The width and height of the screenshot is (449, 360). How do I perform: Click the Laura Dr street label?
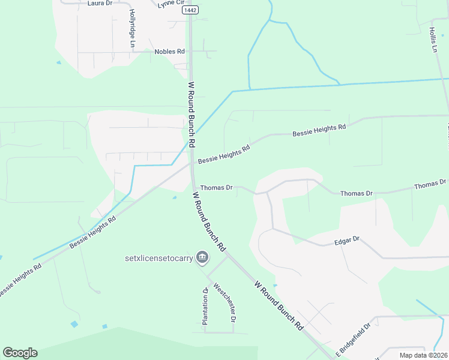(x=100, y=3)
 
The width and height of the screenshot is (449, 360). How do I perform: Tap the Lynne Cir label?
(x=169, y=4)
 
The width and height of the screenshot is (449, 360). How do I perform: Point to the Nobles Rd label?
(x=169, y=52)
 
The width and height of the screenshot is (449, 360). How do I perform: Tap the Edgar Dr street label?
(x=346, y=239)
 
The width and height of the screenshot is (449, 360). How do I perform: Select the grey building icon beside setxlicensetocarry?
(x=202, y=258)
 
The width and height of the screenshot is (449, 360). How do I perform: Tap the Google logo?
(x=20, y=353)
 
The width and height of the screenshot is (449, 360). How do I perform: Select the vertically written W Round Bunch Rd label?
(x=191, y=115)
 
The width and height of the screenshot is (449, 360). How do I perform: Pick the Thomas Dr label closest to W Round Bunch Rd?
(x=216, y=188)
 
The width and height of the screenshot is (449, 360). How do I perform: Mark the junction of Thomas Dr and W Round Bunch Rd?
(x=193, y=187)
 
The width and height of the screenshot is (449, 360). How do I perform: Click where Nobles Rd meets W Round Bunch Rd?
(x=190, y=52)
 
